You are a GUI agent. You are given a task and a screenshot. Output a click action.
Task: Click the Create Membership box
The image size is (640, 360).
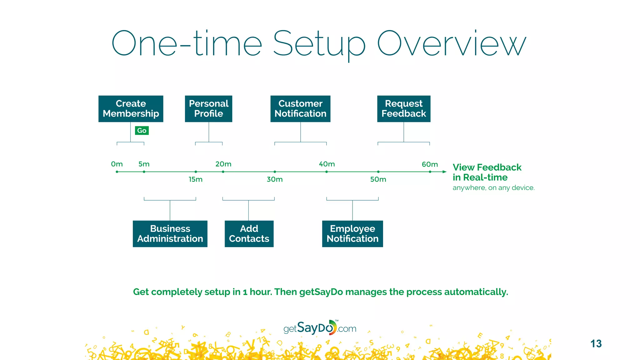tap(131, 109)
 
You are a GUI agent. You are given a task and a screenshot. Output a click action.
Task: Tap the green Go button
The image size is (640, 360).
tap(142, 130)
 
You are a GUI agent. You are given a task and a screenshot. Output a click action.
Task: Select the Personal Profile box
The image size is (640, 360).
tap(208, 109)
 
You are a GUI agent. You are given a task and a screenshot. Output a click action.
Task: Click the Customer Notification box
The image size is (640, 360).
tap(300, 109)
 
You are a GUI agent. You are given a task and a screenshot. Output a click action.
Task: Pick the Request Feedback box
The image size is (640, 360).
tap(403, 109)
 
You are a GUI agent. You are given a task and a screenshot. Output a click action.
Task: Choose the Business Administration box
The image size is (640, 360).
tap(170, 234)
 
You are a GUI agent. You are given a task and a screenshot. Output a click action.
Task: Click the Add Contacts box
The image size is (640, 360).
tap(249, 234)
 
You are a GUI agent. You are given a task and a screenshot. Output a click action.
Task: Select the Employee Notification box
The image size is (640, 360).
tap(352, 234)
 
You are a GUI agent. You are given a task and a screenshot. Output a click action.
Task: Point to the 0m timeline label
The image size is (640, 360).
tap(117, 164)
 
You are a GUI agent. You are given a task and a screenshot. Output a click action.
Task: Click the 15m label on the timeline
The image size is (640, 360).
tap(196, 179)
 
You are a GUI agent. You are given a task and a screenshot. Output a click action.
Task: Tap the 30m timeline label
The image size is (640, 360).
tap(275, 179)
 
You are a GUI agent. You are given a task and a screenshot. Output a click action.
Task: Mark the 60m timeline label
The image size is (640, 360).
tap(430, 164)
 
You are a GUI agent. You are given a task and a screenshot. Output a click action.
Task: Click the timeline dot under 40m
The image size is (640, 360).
tap(327, 172)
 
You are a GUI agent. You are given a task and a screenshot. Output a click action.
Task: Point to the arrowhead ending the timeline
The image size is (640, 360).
tap(445, 172)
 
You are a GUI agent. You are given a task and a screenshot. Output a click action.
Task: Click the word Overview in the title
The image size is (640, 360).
tap(452, 44)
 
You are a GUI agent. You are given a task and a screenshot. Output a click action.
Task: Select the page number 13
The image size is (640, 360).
tap(596, 344)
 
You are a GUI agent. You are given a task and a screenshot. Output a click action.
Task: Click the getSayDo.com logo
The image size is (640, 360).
tap(319, 328)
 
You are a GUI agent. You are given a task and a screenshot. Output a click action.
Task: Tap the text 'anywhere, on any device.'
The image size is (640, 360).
tap(493, 188)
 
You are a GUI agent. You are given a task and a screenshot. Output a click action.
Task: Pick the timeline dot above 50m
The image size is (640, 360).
tap(378, 172)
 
